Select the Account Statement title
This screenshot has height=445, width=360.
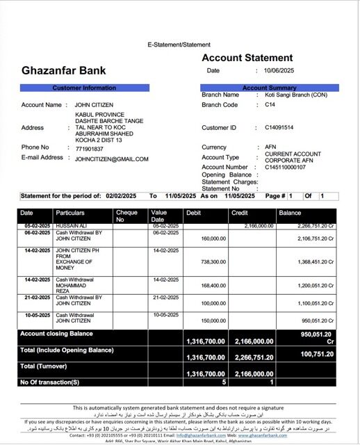click(247, 58)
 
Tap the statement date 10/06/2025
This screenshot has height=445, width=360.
click(280, 71)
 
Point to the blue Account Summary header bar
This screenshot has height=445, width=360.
click(269, 88)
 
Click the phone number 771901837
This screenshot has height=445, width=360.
click(90, 148)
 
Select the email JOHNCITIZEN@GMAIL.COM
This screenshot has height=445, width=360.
click(112, 159)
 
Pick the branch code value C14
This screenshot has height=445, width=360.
click(270, 104)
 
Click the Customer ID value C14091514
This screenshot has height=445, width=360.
click(279, 128)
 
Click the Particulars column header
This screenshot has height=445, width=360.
click(71, 212)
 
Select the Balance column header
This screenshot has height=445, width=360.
click(290, 212)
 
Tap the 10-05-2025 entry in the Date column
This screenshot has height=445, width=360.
click(36, 315)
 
